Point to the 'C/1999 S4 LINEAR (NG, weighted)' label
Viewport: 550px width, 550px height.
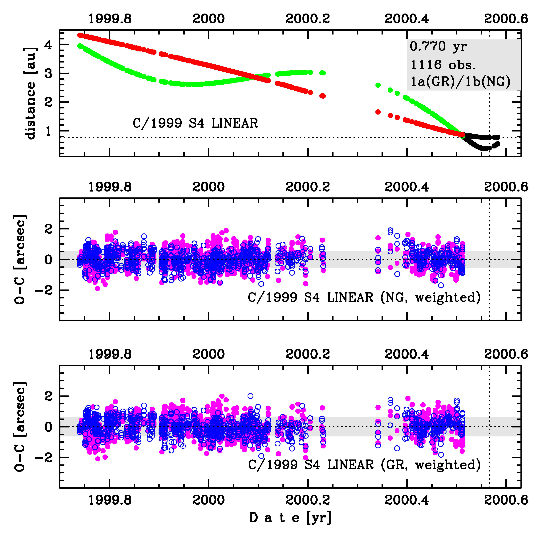(364, 297)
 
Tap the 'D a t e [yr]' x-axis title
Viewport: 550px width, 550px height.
(290, 518)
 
